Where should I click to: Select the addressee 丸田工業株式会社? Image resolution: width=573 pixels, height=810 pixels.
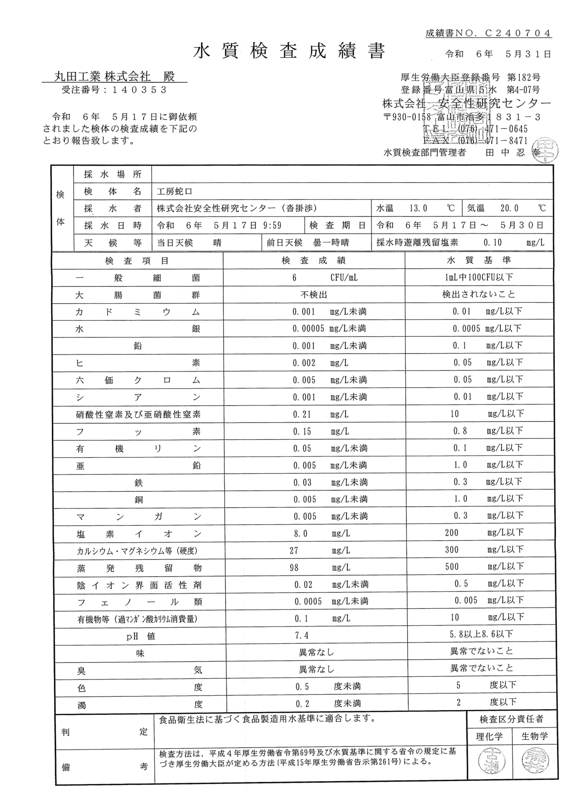[102, 77]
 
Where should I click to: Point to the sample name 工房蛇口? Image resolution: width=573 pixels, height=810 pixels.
[170, 191]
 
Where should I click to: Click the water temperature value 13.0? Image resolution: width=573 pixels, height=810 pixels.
[418, 209]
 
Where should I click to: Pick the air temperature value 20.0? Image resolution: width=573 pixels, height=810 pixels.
[509, 209]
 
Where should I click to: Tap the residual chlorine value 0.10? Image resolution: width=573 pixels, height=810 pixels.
[492, 243]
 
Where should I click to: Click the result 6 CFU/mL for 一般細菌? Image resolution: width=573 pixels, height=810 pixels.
[325, 278]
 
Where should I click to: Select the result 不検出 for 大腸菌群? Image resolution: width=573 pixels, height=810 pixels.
[314, 295]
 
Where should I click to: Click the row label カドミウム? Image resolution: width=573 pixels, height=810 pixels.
[138, 312]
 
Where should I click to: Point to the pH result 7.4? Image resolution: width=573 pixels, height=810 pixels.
[301, 635]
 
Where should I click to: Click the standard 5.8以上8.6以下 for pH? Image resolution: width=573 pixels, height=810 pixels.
[481, 634]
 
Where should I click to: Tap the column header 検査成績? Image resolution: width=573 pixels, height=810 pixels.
[314, 261]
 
